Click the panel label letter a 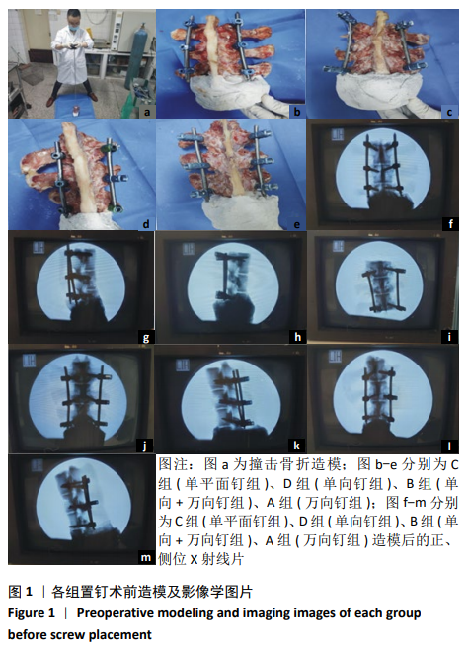[148, 113]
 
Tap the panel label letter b [297, 113]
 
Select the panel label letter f [450, 224]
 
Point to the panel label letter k [296, 446]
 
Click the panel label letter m [146, 557]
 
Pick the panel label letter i [450, 337]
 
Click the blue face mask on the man [74, 29]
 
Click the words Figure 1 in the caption [32, 613]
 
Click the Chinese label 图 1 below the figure [20, 592]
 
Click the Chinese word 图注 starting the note [173, 464]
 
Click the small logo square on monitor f [336, 135]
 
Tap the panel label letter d [146, 224]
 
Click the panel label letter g [146, 337]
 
